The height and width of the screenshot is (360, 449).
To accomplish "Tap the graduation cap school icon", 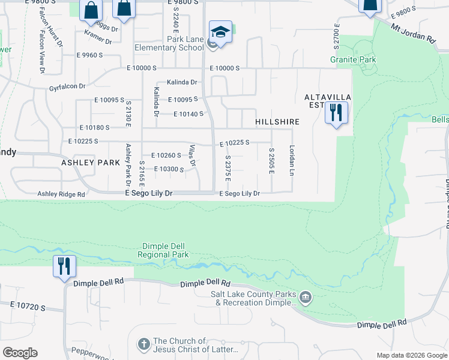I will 220,32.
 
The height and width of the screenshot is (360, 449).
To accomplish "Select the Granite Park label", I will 353,59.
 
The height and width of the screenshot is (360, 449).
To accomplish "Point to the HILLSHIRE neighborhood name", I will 277,122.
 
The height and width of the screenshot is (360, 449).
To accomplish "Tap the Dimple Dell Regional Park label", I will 163,250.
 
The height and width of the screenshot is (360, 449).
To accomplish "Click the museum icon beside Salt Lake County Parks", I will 305,297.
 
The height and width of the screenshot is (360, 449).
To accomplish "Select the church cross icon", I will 143,344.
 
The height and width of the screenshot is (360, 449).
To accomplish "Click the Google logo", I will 20,353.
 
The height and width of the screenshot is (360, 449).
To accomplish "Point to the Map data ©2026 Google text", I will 411,355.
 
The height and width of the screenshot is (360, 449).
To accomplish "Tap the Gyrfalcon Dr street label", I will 71,86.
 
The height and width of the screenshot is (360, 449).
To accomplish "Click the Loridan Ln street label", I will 292,160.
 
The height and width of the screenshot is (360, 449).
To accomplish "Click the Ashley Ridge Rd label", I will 61,194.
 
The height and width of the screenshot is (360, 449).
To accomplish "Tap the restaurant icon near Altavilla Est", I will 336,112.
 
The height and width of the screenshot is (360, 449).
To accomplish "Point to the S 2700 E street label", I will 336,37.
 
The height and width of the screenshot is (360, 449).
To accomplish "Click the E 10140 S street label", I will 188,114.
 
